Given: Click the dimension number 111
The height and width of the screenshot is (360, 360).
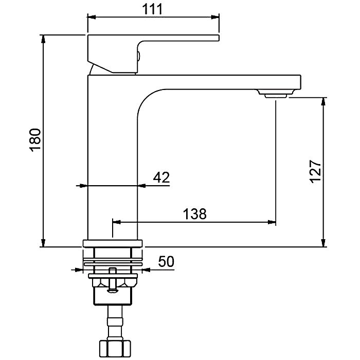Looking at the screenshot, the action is (x=152, y=9).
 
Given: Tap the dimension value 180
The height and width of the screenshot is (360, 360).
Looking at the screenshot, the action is (x=35, y=140).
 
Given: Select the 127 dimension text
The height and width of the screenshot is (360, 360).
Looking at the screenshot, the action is (x=315, y=171).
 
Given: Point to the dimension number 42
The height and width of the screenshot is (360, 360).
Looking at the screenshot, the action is (x=161, y=177).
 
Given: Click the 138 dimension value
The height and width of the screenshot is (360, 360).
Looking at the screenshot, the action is (x=195, y=214).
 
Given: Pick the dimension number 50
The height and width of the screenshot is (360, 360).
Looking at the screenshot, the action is (x=166, y=261).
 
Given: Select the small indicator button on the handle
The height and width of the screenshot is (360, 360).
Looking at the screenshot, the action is (x=139, y=56).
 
